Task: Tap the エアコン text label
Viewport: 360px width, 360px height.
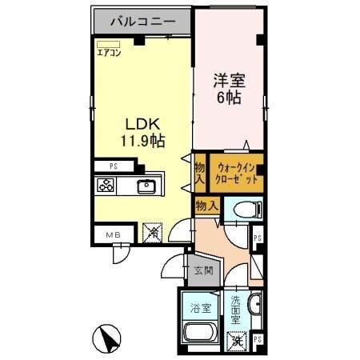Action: [x=109, y=54]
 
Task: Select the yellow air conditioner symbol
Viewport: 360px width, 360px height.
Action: [x=108, y=45]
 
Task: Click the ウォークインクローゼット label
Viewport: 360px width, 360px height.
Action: [x=236, y=174]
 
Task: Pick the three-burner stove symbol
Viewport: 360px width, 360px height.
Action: [x=106, y=187]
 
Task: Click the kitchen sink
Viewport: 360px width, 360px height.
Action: [x=146, y=187]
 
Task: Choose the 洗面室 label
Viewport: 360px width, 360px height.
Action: [x=235, y=309]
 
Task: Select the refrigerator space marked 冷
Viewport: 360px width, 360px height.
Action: [x=151, y=233]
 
